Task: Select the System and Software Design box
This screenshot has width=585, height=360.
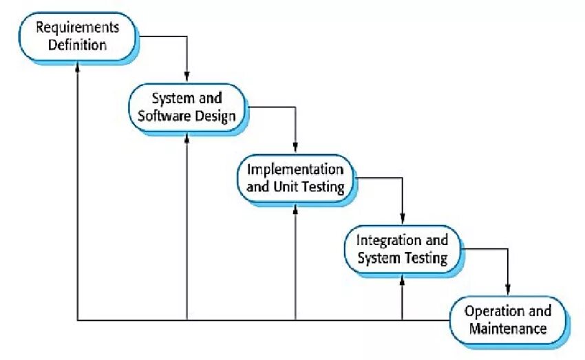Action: point(187,107)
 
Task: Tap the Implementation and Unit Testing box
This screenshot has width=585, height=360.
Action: point(295,178)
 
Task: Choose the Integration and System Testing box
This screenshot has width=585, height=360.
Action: point(402,249)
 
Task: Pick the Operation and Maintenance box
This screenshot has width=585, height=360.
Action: point(509,320)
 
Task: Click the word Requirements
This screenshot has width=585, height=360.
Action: point(77,28)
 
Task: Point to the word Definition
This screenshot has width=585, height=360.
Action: point(77,45)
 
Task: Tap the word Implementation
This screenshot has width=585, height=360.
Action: point(295,169)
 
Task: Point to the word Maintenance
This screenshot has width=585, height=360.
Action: point(509,329)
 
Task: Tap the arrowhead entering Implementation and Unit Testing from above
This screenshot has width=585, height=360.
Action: point(295,147)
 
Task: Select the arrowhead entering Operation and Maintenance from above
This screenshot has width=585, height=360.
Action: point(509,290)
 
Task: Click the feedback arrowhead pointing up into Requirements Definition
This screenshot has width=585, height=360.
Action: point(78,64)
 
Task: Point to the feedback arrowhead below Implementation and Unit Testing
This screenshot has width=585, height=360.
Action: point(295,207)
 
